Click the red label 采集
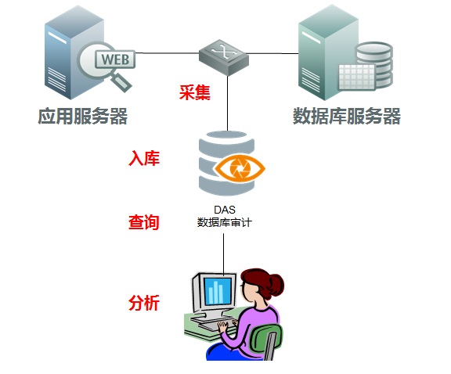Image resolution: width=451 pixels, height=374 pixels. [194, 93]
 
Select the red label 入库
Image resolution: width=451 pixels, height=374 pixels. [144, 159]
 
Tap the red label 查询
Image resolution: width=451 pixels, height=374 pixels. [144, 222]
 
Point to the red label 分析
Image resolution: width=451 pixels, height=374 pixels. [144, 303]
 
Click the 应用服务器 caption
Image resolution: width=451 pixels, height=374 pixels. [82, 117]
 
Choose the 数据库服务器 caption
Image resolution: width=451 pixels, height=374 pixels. [346, 117]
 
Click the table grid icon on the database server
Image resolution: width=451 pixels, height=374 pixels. [354, 77]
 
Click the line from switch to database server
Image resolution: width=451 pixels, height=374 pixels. [274, 53]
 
